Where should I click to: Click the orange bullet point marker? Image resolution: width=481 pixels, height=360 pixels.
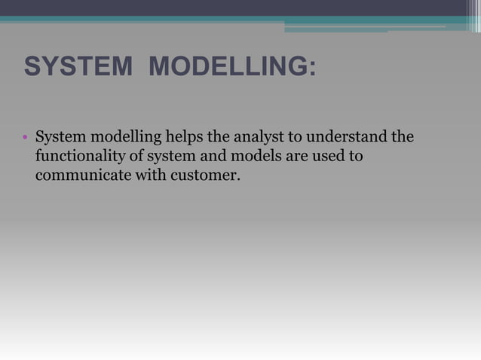[x=25, y=139]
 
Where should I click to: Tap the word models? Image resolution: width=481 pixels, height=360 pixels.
[x=253, y=157]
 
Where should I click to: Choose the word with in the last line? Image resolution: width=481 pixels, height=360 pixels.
[x=148, y=176]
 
